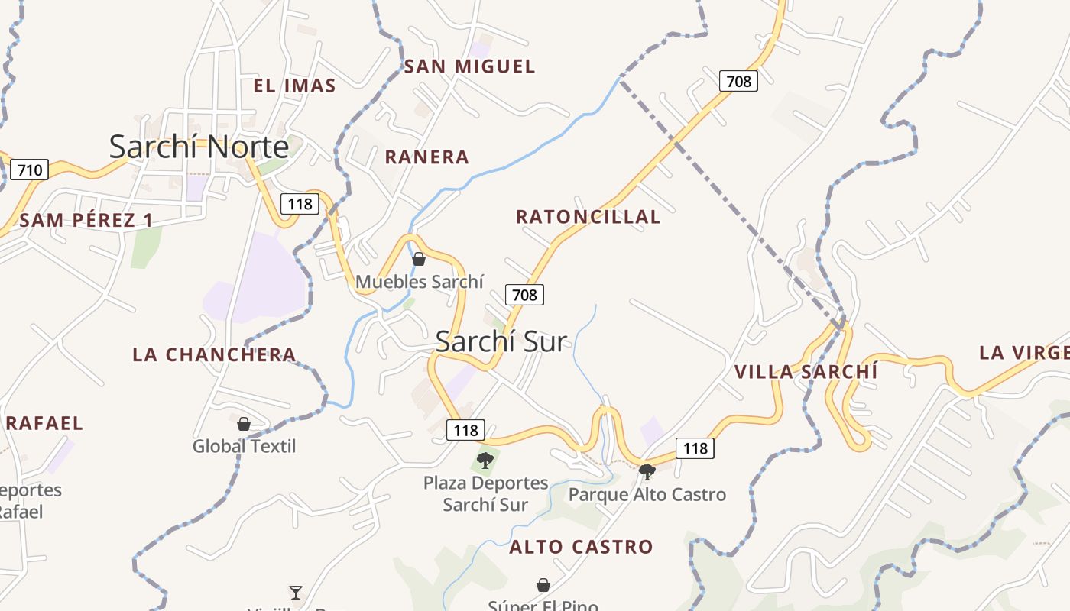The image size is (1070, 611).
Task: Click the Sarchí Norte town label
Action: pyautogui.click(x=199, y=146)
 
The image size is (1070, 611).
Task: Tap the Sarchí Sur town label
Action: pyautogui.click(x=501, y=341)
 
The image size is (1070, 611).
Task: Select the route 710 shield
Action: pyautogui.click(x=30, y=170)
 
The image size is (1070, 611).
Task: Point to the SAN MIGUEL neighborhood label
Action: pyautogui.click(x=469, y=66)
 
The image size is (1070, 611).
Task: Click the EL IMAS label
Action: pyautogui.click(x=294, y=86)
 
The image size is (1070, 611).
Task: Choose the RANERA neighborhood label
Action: pyautogui.click(x=426, y=157)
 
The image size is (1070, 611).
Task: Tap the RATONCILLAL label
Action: pyautogui.click(x=588, y=217)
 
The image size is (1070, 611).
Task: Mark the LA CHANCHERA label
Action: pyautogui.click(x=214, y=354)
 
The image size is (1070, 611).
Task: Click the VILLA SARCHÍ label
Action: pyautogui.click(x=806, y=372)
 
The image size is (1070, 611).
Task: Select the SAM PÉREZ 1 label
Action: pyautogui.click(x=86, y=221)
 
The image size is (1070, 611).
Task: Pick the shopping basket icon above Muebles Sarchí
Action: pyautogui.click(x=419, y=259)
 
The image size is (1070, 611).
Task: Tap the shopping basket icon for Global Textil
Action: pyautogui.click(x=244, y=423)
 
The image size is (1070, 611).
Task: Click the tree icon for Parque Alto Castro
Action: pyautogui.click(x=647, y=471)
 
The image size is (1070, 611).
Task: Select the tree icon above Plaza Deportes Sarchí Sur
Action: pyautogui.click(x=485, y=460)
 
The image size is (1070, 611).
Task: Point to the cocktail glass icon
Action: pyautogui.click(x=296, y=591)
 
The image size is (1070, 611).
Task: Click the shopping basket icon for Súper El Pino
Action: pyautogui.click(x=543, y=585)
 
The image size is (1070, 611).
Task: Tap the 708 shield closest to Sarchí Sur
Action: pyautogui.click(x=524, y=294)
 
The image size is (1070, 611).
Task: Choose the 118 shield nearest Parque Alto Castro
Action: pyautogui.click(x=695, y=448)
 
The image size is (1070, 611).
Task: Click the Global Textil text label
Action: pyautogui.click(x=244, y=446)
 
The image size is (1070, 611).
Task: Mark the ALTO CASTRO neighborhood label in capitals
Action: pyautogui.click(x=581, y=547)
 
